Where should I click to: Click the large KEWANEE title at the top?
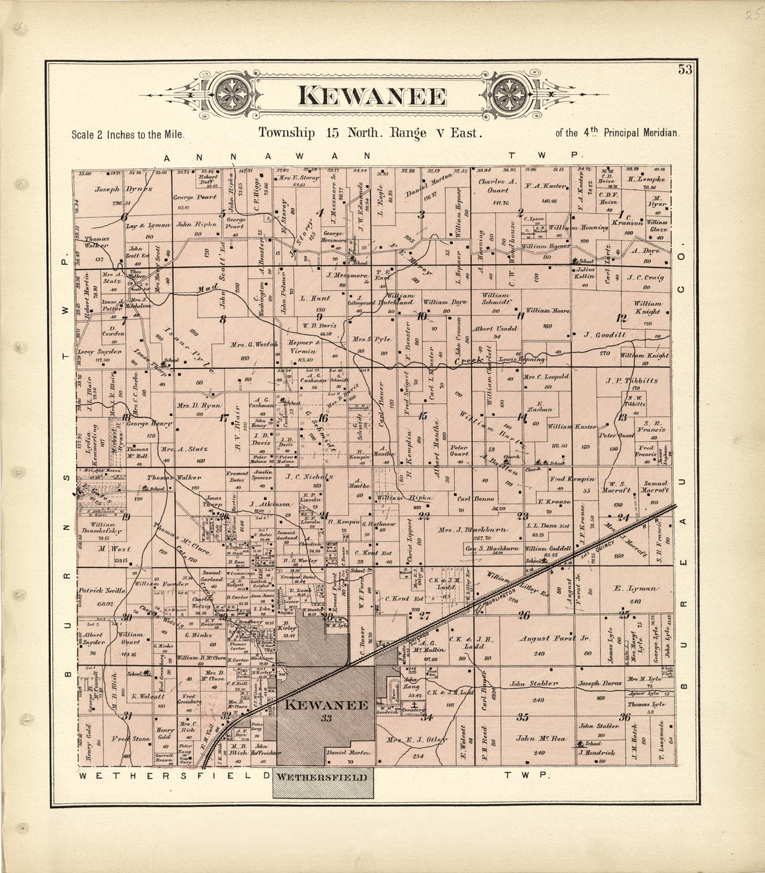(372, 95)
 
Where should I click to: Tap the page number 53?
(685, 69)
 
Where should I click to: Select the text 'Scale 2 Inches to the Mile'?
(128, 134)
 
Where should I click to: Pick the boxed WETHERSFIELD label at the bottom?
(323, 777)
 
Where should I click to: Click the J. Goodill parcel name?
(606, 335)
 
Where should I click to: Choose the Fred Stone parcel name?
(131, 739)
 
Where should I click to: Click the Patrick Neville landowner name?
(102, 590)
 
